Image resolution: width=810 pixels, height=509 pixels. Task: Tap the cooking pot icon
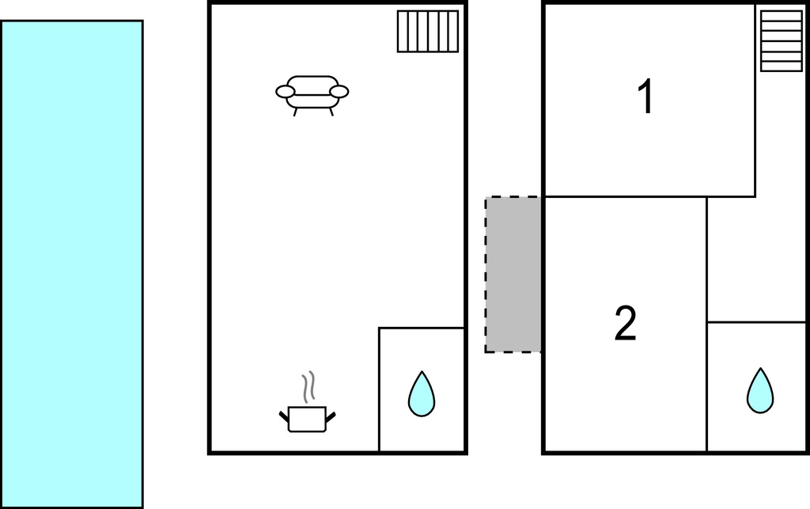307,419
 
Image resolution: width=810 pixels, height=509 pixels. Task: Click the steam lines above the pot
308,387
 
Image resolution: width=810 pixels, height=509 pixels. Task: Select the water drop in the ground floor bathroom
422,393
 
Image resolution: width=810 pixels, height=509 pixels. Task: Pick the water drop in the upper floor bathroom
760,391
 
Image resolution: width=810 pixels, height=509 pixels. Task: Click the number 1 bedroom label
645,96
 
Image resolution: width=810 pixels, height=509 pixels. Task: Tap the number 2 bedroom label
626,323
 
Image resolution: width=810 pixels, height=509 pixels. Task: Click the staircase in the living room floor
428,32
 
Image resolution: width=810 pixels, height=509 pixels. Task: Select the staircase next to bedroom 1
782,41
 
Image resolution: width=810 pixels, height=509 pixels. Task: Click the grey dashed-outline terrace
513,275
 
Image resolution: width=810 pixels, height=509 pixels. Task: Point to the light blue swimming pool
72,264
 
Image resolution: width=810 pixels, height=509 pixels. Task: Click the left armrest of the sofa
285,92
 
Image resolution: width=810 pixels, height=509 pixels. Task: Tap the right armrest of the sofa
339,92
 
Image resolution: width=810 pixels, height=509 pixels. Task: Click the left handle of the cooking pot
284,416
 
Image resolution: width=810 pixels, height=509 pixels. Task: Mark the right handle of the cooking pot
331,416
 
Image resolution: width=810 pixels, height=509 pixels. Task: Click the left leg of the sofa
296,112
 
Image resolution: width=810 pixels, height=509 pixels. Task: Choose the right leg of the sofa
331,112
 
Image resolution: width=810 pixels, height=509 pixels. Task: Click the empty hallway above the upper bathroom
756,259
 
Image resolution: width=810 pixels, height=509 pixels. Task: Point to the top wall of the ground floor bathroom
422,328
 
